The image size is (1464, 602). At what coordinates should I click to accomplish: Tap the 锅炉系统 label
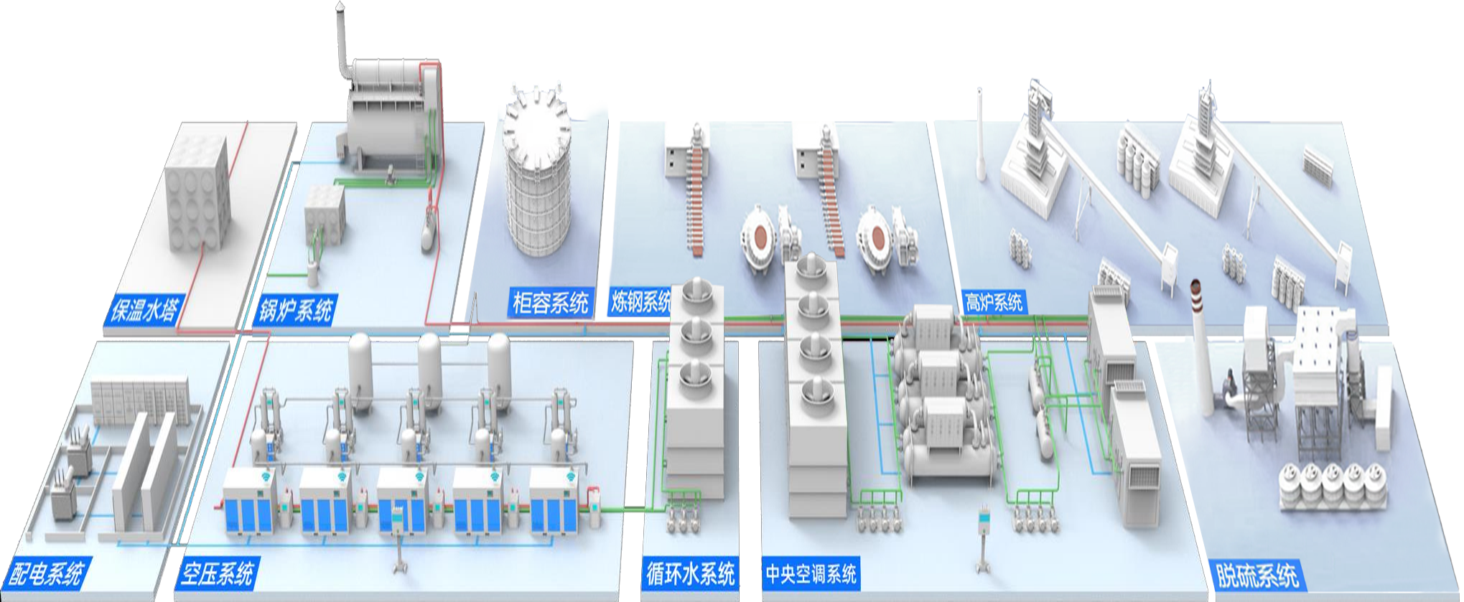(x=296, y=311)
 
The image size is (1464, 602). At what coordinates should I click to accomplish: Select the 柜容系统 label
(x=550, y=303)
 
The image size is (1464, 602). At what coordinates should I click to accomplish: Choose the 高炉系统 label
(x=994, y=302)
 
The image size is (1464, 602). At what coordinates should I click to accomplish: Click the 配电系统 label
(x=45, y=573)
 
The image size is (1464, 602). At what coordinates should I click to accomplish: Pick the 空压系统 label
(x=216, y=573)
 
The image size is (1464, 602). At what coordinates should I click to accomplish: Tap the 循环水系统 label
(x=690, y=573)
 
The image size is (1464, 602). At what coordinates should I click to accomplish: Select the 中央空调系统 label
(x=811, y=573)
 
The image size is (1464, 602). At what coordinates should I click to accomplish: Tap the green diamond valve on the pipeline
(x=634, y=509)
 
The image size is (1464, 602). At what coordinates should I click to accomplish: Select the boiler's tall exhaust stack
(x=342, y=36)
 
